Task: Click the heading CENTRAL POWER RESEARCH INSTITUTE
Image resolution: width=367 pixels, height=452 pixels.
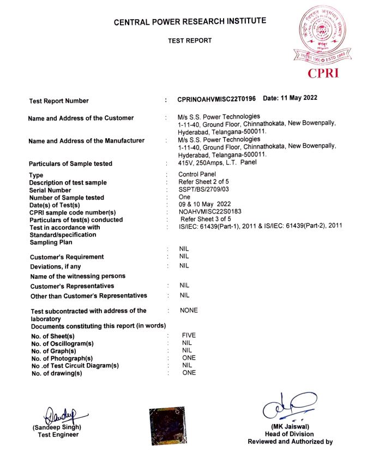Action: pyautogui.click(x=190, y=22)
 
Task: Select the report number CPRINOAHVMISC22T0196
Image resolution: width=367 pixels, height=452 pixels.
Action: pyautogui.click(x=216, y=100)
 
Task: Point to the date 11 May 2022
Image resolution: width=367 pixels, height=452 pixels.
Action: pyautogui.click(x=290, y=99)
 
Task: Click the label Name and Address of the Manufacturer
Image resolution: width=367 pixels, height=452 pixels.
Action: pyautogui.click(x=86, y=141)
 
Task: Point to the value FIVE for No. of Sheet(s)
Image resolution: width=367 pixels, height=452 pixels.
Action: pyautogui.click(x=189, y=335)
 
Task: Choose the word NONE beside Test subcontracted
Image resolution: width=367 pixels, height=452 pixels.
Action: pyautogui.click(x=189, y=311)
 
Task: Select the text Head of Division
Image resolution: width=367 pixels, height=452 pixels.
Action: pyautogui.click(x=290, y=434)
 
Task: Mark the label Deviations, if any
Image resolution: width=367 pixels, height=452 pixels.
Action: pyautogui.click(x=55, y=266)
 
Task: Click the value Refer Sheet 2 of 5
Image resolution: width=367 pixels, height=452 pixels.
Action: pyautogui.click(x=204, y=182)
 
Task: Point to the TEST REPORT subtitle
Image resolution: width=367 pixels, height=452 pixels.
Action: pyautogui.click(x=190, y=41)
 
